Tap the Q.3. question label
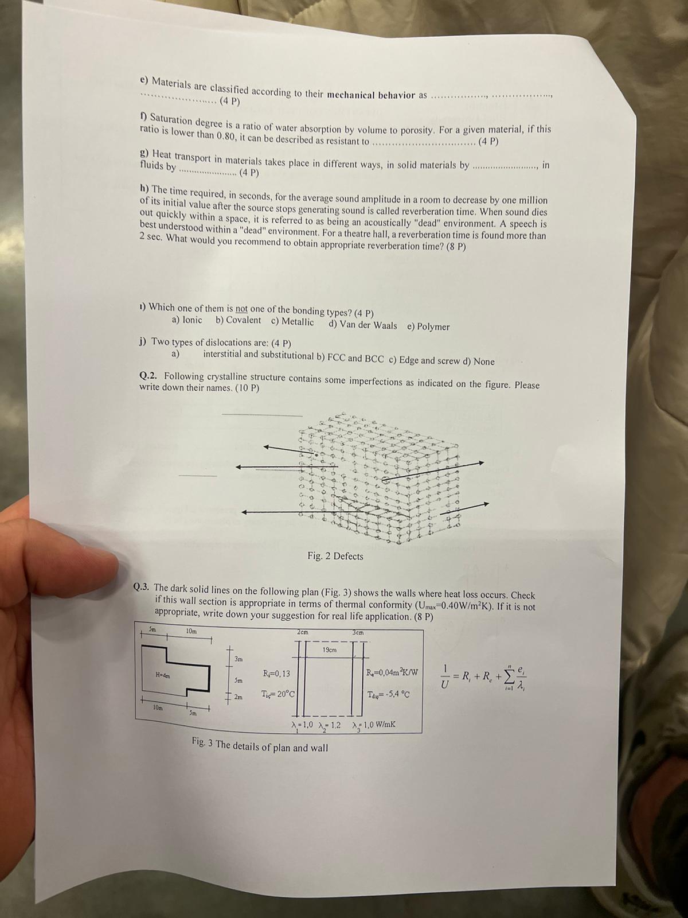point(142,587)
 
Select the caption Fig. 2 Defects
point(335,556)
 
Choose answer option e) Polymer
point(428,326)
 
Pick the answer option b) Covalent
point(239,321)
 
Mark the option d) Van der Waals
point(363,325)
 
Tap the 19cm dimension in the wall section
point(329,650)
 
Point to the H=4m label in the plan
point(163,675)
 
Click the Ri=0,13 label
point(276,674)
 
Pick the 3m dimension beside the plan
point(239,659)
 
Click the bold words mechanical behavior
point(371,95)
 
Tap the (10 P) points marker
point(247,387)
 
